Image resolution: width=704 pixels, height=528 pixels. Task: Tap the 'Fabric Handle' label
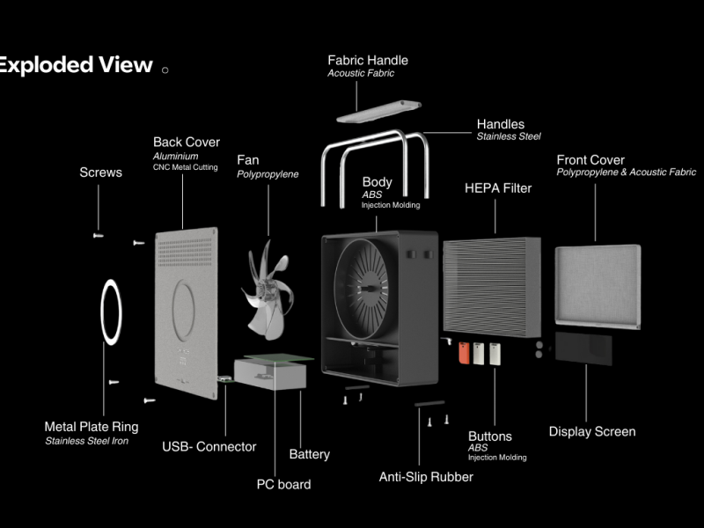(x=368, y=61)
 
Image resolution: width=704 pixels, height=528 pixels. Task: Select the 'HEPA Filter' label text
(x=498, y=187)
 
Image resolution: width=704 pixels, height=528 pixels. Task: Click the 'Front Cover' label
(x=590, y=160)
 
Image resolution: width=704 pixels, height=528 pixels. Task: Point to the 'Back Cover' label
(x=187, y=142)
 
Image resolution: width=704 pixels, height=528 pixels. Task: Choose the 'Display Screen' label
(x=591, y=431)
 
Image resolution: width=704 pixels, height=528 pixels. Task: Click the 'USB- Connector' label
(x=209, y=446)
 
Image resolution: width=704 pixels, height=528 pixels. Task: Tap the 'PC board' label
(x=283, y=483)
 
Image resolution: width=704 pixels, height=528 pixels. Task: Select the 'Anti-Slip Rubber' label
(x=426, y=477)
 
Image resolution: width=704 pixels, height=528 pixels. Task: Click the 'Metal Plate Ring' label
(x=92, y=427)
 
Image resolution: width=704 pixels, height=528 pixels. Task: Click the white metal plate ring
(x=112, y=312)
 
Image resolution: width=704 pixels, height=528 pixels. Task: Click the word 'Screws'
(x=100, y=172)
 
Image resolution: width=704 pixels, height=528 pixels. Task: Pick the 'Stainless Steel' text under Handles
(x=509, y=136)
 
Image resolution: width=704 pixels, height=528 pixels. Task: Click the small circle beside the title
(x=165, y=69)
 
